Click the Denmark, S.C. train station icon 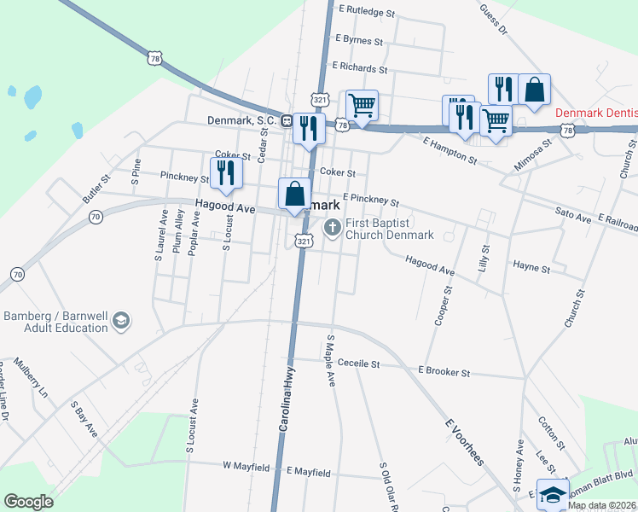point(287,121)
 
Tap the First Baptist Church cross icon point(331,227)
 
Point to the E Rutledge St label point(368,13)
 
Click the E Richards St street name point(360,67)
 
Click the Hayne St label point(531,267)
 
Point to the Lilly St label point(484,259)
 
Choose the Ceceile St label point(358,364)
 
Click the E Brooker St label point(444,373)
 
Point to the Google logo point(28,502)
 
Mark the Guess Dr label point(493,19)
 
